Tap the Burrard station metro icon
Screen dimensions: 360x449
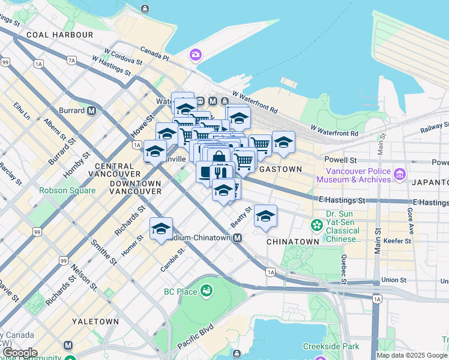[92, 111]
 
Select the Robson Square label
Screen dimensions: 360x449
[67, 190]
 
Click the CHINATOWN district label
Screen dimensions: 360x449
[292, 241]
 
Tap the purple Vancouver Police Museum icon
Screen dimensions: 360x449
[400, 174]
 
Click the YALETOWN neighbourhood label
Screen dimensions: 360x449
[95, 322]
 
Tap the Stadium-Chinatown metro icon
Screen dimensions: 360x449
[238, 238]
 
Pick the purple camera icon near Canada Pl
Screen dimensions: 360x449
[196, 56]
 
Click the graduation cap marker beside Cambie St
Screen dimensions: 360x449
[161, 229]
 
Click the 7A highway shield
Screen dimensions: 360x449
[72, 60]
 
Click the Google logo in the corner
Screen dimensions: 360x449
[19, 353]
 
